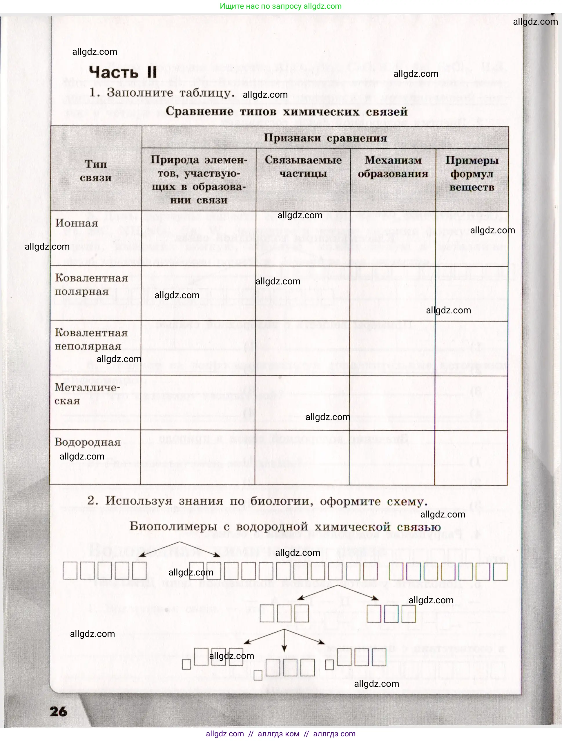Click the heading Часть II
click(123, 72)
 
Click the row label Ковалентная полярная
click(91, 285)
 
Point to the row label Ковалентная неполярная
click(91, 339)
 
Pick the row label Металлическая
click(87, 394)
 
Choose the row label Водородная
click(88, 442)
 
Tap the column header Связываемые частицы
click(303, 167)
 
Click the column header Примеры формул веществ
click(472, 174)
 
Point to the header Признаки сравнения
click(325, 138)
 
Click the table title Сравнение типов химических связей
click(287, 112)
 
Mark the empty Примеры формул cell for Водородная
click(471, 457)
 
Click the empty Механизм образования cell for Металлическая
click(392, 403)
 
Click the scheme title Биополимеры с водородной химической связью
click(285, 526)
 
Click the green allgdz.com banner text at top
click(280, 6)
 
